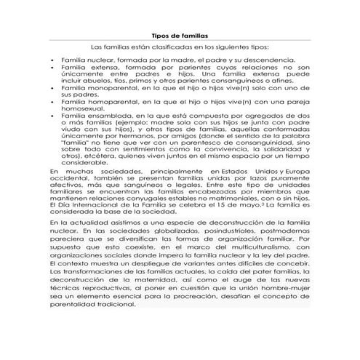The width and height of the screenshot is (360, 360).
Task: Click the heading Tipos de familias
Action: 179,34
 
